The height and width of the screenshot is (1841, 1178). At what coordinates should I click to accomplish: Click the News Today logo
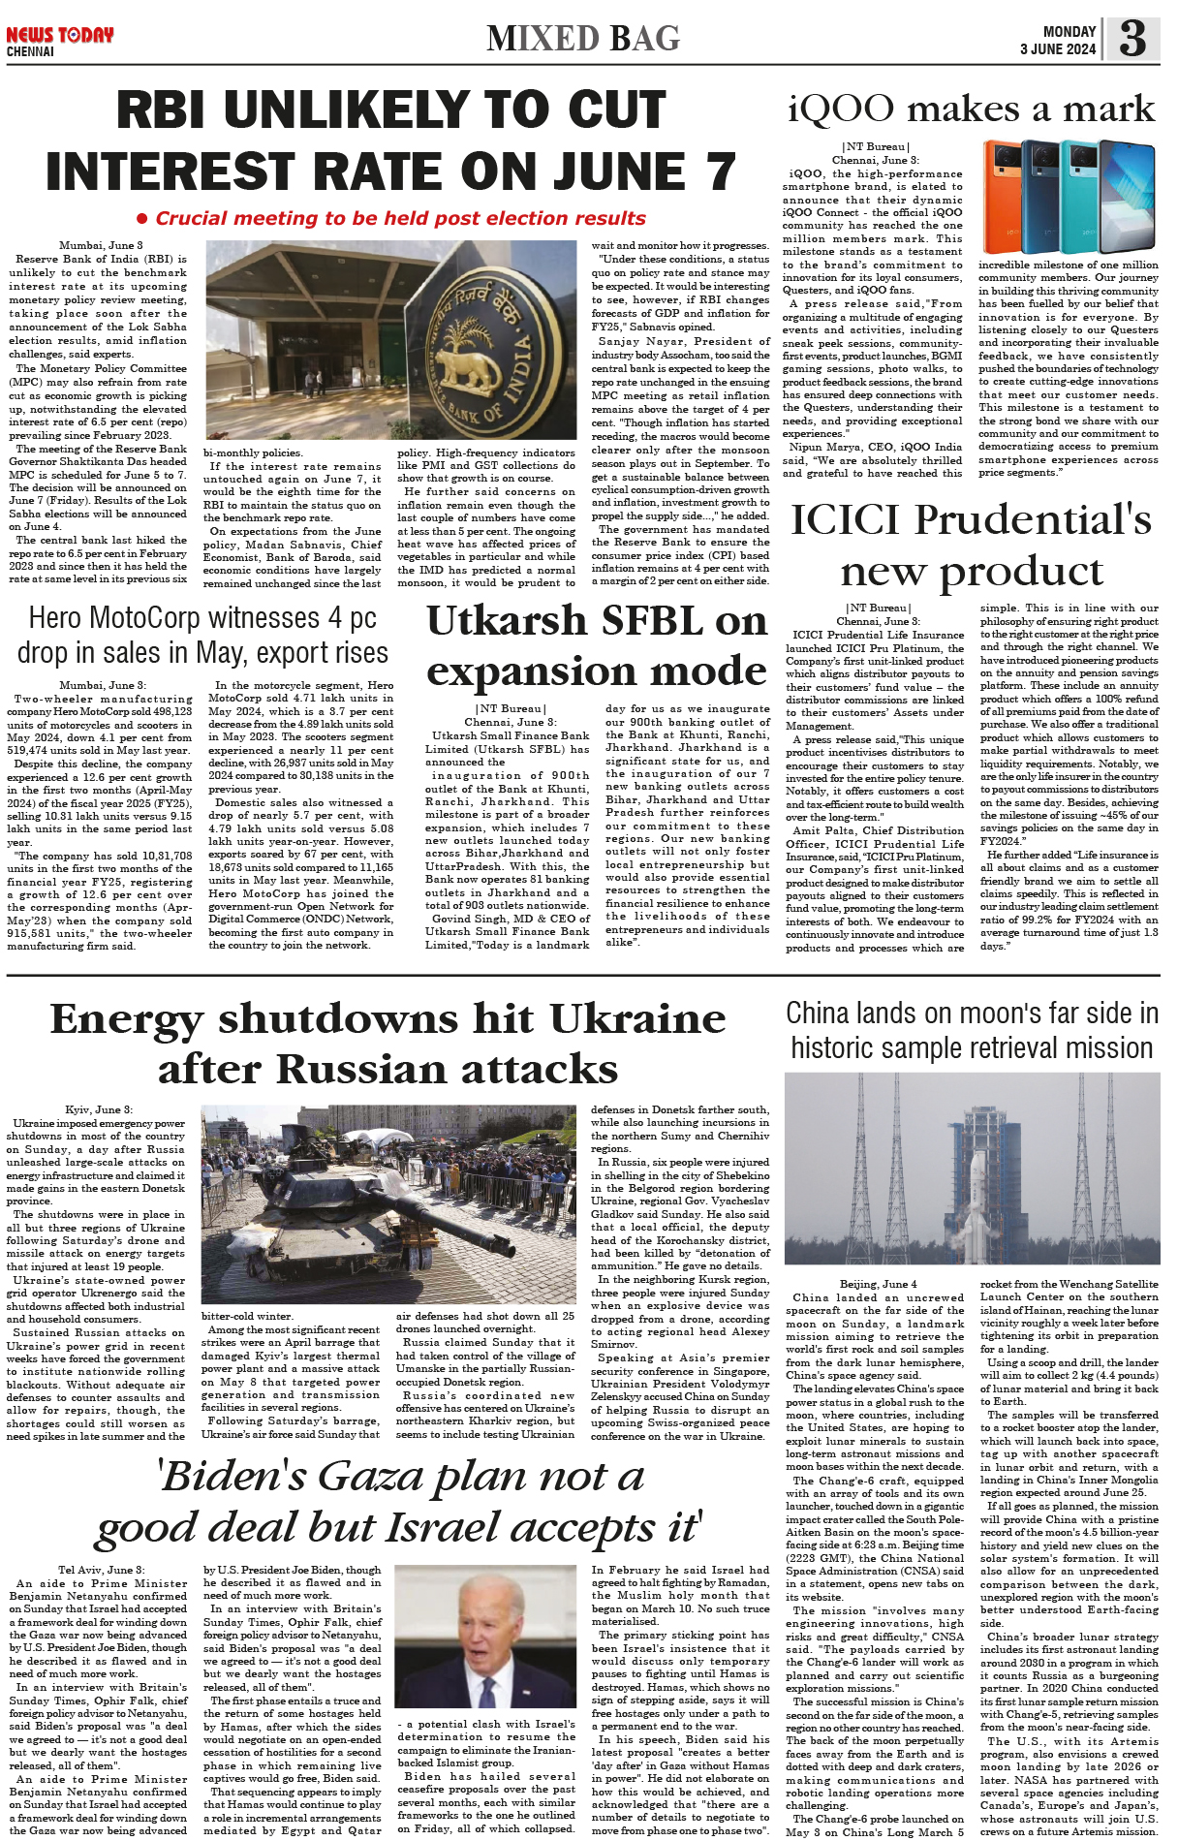click(x=60, y=36)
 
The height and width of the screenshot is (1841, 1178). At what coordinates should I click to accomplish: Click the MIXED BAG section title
click(x=583, y=39)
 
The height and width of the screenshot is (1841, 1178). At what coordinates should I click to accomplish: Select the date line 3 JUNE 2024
click(x=1058, y=49)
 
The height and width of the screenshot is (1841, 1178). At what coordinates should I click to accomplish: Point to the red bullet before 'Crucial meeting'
click(x=142, y=219)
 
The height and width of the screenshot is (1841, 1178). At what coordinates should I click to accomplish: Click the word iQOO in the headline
click(x=841, y=109)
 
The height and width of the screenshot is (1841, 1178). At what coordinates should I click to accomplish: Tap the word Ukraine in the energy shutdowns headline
click(x=636, y=1018)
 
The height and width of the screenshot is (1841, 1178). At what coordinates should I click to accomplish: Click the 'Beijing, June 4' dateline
click(x=878, y=1284)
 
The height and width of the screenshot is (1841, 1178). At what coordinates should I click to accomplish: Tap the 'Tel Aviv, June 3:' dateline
click(x=101, y=1570)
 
